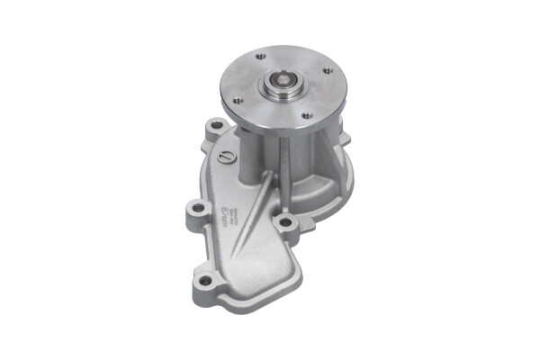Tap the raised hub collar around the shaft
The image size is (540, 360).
point(291,93)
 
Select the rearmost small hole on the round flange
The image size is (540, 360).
point(260,56)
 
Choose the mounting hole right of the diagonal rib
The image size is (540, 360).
point(285,221)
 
